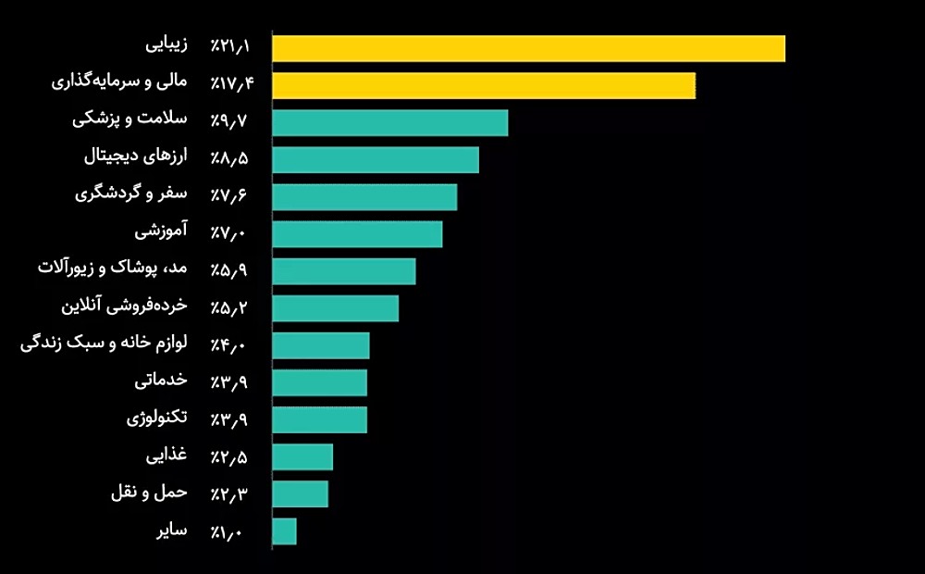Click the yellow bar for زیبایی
528,48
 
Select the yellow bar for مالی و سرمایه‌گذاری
484,85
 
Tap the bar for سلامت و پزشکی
390,122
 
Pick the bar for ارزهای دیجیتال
376,159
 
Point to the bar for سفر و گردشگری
364,196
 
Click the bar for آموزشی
357,233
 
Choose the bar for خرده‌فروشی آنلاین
336,307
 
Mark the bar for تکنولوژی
320,419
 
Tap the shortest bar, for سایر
285,530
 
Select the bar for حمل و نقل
301,493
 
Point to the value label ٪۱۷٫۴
231,83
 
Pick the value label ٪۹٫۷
230,120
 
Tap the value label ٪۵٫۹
230,269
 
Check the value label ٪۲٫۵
230,455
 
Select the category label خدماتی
161,380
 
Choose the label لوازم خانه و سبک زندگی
104,343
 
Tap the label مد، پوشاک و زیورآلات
113,268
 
